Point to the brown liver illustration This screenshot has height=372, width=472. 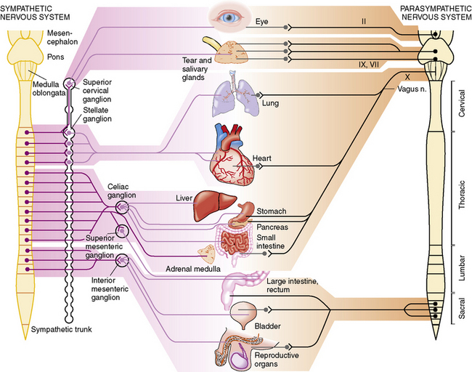click(x=215, y=206)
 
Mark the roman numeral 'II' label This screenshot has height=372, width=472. click(x=364, y=21)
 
